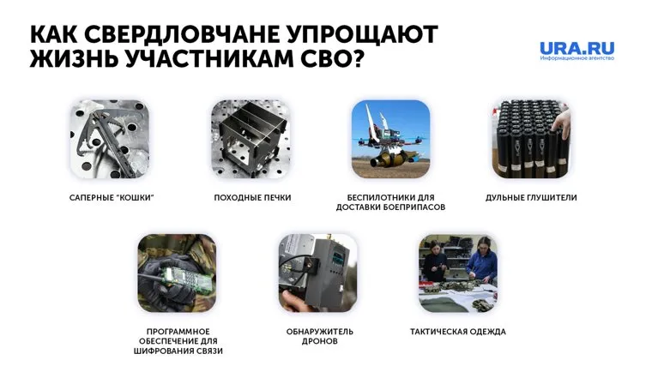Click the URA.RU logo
coord(577,48)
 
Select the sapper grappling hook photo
coord(110,139)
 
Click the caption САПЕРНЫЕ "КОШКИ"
coord(112,198)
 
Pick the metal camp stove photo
coord(251,139)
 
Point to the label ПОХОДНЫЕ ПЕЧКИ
coord(252,198)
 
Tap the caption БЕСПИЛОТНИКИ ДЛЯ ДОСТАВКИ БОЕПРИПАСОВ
coord(390,202)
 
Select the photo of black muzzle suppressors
coord(531,139)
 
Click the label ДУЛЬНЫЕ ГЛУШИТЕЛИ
coord(531,198)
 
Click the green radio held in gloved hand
coord(183,278)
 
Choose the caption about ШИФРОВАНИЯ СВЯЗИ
coord(178,341)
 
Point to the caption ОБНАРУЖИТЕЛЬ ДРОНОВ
coord(319,337)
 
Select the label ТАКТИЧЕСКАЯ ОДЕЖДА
coord(458,332)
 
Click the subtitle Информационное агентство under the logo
coord(577,58)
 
